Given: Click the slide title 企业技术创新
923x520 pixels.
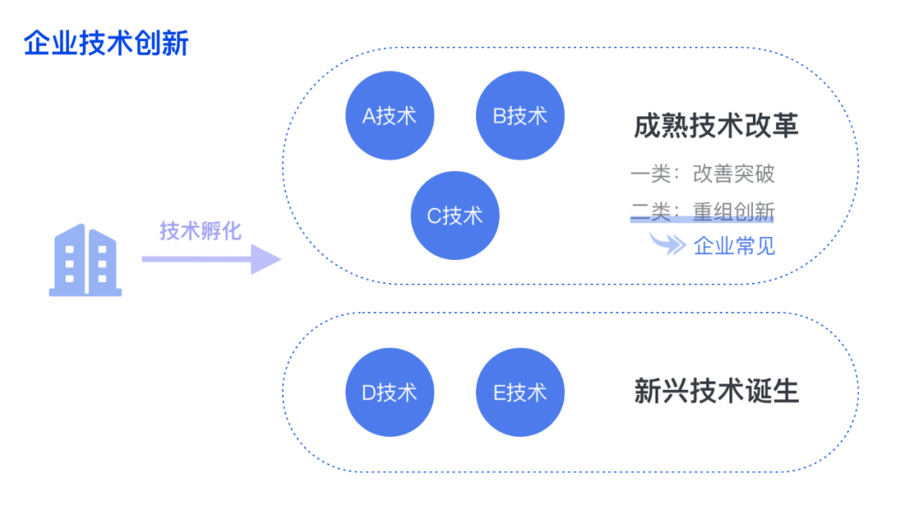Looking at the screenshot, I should click(x=106, y=43).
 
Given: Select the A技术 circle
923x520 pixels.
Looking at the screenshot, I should click(x=389, y=115).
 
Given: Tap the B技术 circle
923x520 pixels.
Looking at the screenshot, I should click(x=520, y=115).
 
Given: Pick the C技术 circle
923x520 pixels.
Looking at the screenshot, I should click(x=455, y=216).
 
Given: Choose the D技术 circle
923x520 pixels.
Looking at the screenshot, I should click(x=389, y=393).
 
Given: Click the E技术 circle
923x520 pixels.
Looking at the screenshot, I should click(x=520, y=393).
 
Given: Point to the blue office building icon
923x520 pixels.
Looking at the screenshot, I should click(x=85, y=260).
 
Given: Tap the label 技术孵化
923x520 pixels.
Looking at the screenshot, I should click(x=201, y=230).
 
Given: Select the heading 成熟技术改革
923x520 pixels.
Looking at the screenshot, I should click(x=716, y=126).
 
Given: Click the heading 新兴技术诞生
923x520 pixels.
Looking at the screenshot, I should click(x=716, y=391).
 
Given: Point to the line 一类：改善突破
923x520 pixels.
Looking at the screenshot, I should click(x=703, y=174).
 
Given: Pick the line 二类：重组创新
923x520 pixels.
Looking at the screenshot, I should click(x=703, y=210).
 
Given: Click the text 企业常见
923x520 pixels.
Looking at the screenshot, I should click(x=734, y=246).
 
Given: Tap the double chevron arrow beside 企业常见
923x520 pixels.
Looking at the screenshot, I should click(x=668, y=245).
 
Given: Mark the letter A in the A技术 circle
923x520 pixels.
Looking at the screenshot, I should click(x=369, y=116).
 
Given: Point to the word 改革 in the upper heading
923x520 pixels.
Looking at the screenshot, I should click(x=778, y=126).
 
